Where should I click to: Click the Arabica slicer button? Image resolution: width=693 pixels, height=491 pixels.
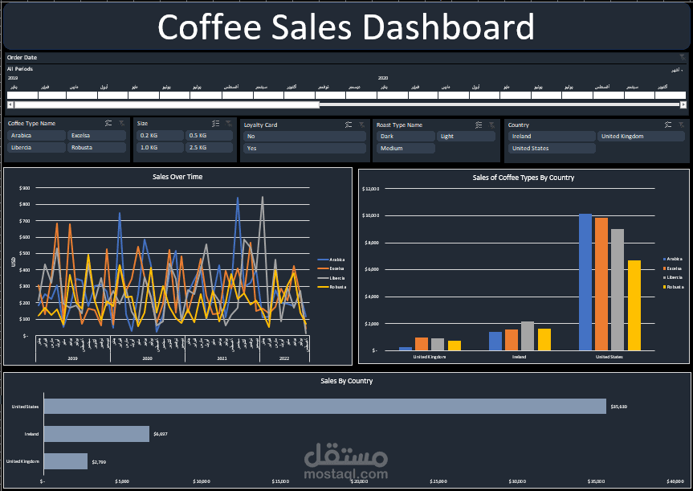coord(36,136)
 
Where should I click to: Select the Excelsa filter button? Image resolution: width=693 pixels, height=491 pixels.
coord(96,136)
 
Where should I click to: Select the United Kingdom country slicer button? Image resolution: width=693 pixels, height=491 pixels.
coord(642,137)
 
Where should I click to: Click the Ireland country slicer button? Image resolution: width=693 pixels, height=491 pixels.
coord(551,137)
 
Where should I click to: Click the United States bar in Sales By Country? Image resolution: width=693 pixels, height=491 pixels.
coord(324,407)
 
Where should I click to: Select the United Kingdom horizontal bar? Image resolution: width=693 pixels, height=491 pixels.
coord(65,461)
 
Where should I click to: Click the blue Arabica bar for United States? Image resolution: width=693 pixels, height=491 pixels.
coord(585,282)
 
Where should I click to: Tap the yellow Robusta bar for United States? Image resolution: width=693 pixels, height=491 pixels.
coord(634,305)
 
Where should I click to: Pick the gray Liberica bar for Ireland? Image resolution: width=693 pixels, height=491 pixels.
coord(528,336)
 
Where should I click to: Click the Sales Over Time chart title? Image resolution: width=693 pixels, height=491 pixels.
coord(177,176)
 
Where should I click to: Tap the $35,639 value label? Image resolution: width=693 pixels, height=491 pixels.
coord(618,407)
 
